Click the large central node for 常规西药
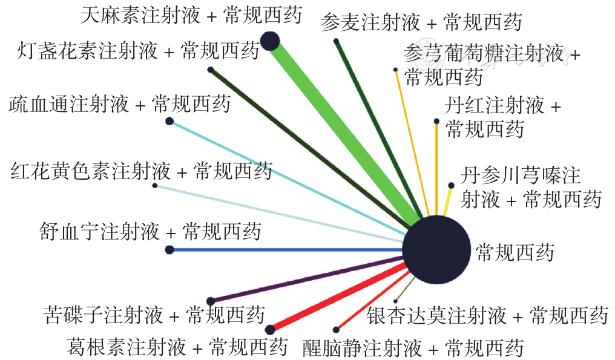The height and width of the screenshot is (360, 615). coord(436,249)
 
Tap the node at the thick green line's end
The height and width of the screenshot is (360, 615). coord(270,41)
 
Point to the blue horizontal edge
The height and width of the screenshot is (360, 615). coord(286,250)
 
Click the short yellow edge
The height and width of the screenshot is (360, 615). coord(448,200)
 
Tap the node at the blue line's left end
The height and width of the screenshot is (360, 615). coord(169,250)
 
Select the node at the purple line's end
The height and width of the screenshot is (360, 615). coord(211,301)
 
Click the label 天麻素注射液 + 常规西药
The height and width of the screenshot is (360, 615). coord(192,16)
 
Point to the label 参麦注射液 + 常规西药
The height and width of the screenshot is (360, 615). coord(421,22)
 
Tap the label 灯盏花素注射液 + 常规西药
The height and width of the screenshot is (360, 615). coord(139,51)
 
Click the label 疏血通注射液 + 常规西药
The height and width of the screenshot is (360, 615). coord(120,104)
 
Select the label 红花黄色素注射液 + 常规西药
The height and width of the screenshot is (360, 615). coord(142,171)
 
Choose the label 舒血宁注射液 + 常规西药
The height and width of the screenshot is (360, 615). coord(150,231)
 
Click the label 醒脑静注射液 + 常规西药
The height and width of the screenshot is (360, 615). coord(413,347)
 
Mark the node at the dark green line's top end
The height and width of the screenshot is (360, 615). coord(336,41)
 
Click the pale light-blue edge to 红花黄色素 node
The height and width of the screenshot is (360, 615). coord(280,214)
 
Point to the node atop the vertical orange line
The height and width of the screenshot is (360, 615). coord(436,122)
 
